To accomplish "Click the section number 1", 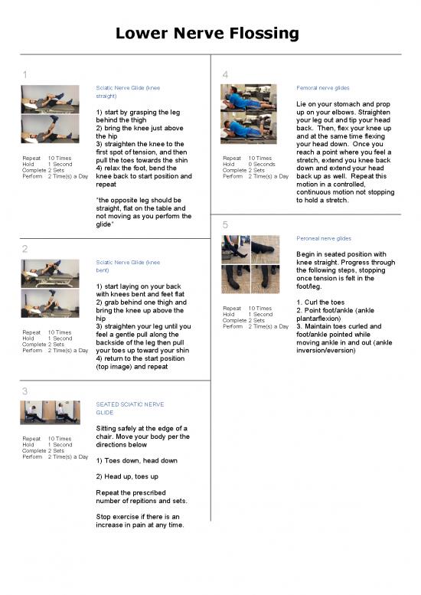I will pyautogui.click(x=25, y=74).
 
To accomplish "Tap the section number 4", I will pyautogui.click(x=224, y=74).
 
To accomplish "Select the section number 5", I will pyautogui.click(x=224, y=224).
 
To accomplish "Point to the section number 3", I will pyautogui.click(x=25, y=391).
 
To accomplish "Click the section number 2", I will pyautogui.click(x=25, y=249).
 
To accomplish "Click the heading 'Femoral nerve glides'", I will pyautogui.click(x=323, y=88).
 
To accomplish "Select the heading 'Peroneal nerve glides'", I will pyautogui.click(x=323, y=238).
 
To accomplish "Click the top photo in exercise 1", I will pyautogui.click(x=50, y=99).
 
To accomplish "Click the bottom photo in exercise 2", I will pyautogui.click(x=50, y=303).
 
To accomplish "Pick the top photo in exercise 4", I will pyautogui.click(x=250, y=98).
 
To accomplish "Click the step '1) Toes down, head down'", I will pyautogui.click(x=136, y=460).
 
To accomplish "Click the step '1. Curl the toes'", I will pyautogui.click(x=322, y=302).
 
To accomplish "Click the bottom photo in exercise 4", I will pyautogui.click(x=250, y=129).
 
